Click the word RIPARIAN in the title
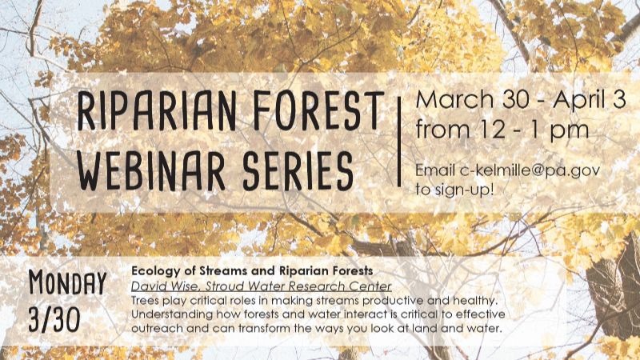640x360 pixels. [157, 111]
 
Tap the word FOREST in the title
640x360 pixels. [318, 110]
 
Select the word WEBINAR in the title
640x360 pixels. [151, 170]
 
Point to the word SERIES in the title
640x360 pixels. [298, 170]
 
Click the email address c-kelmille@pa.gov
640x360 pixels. [530, 170]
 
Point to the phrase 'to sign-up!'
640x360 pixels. [454, 190]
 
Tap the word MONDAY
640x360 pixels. [67, 282]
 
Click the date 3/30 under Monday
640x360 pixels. [54, 318]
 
